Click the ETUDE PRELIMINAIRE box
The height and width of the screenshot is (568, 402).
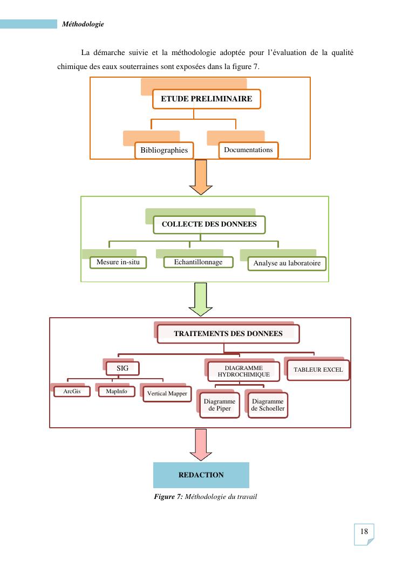pyautogui.click(x=206, y=99)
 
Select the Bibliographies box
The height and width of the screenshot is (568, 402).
pyautogui.click(x=164, y=150)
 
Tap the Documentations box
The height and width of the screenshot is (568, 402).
pyautogui.click(x=248, y=149)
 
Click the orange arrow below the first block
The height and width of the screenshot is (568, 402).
pyautogui.click(x=201, y=177)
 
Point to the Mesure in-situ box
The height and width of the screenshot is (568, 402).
pyautogui.click(x=118, y=263)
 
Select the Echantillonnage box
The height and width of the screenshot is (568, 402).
pyautogui.click(x=198, y=262)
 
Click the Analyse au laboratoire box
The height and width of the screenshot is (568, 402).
pyautogui.click(x=287, y=263)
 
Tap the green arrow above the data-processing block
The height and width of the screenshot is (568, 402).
pyautogui.click(x=201, y=301)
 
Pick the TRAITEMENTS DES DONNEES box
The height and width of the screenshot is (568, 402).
pyautogui.click(x=228, y=333)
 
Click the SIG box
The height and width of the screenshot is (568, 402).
pyautogui.click(x=122, y=368)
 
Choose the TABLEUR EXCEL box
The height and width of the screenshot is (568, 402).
pyautogui.click(x=318, y=370)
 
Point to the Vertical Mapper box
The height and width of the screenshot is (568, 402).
pyautogui.click(x=167, y=394)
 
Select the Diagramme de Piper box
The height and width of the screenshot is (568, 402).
pyautogui.click(x=218, y=405)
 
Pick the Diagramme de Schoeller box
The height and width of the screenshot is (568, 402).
pyautogui.click(x=267, y=405)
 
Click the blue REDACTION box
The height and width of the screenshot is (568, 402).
pyautogui.click(x=201, y=475)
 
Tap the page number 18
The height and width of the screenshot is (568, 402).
pyautogui.click(x=364, y=532)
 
